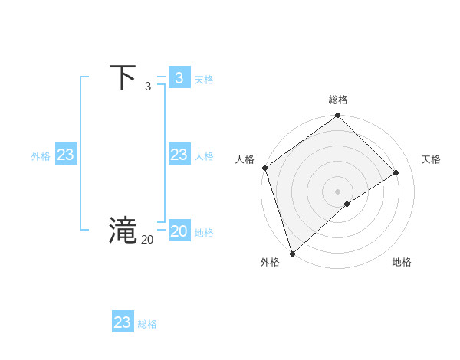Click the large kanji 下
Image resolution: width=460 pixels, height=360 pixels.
[123, 78]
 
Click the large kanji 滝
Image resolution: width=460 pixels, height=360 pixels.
[123, 231]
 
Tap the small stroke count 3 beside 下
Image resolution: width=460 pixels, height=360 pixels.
[148, 87]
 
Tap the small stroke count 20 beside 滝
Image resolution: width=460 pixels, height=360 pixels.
[147, 240]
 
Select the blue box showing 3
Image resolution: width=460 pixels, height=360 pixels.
[179, 78]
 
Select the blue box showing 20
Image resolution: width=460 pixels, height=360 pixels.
[179, 231]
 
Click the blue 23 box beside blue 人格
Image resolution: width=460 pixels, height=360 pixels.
[179, 155]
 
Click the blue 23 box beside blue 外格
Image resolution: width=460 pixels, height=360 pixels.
[65, 155]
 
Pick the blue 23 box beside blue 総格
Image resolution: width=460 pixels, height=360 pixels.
[123, 322]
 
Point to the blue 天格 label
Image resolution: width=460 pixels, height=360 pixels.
[204, 80]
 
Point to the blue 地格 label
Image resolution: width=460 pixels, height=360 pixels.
[204, 233]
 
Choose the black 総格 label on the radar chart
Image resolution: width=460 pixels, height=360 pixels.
[338, 100]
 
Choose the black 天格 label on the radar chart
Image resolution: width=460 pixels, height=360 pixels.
[432, 159]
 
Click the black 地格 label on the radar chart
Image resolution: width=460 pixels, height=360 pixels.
[402, 262]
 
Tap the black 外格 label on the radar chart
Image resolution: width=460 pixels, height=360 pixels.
[270, 262]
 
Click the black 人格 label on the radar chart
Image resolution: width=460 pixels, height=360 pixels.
[245, 159]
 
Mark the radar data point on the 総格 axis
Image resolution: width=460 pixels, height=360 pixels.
[338, 116]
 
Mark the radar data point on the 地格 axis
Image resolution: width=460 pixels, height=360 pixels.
[347, 204]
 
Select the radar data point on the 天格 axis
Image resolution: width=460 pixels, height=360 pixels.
[396, 172]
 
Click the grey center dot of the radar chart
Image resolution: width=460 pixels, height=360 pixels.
[338, 191]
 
